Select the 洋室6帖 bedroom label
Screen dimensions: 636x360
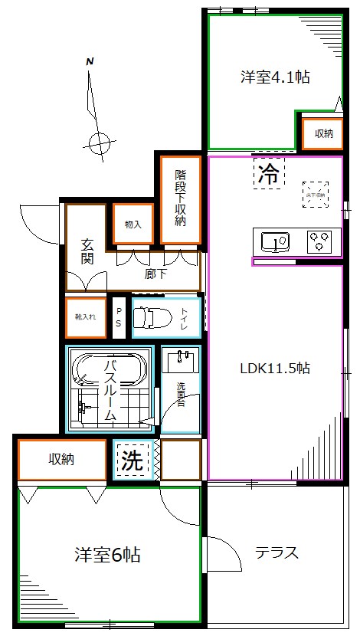tap(106, 554)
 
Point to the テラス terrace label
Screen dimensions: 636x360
tap(277, 553)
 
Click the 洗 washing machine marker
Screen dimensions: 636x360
tap(133, 461)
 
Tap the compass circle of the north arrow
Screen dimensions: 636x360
tap(98, 142)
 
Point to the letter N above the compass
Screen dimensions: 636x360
tap(90, 62)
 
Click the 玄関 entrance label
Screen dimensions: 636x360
tap(88, 252)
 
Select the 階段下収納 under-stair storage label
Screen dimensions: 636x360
tap(181, 198)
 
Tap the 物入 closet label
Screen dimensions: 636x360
tap(133, 225)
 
